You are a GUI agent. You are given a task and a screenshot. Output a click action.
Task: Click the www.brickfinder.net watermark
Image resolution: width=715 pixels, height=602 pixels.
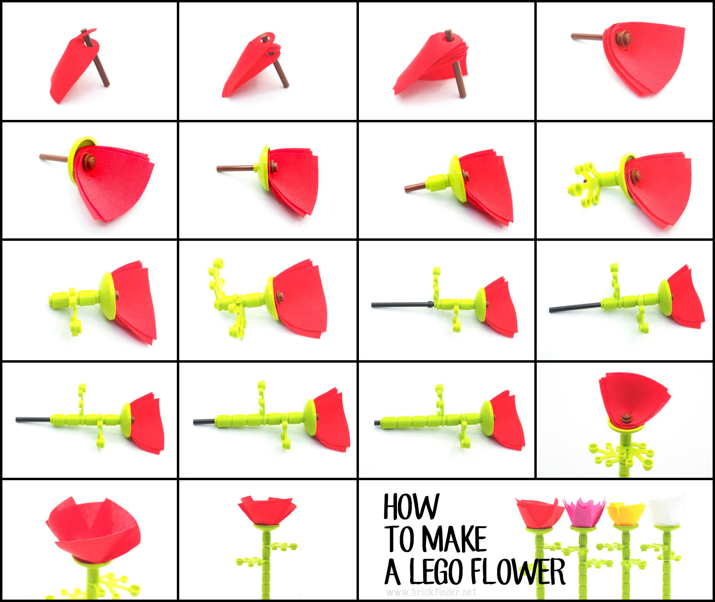(x=431, y=592)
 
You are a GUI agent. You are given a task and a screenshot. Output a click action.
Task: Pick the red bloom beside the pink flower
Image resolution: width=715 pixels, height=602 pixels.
(x=540, y=512)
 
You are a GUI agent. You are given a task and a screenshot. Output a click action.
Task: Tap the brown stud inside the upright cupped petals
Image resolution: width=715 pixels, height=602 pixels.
(x=626, y=417)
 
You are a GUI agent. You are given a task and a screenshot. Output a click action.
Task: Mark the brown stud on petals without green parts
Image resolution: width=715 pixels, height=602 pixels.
(x=623, y=38)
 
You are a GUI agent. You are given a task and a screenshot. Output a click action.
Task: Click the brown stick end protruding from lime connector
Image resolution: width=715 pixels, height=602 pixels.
(x=413, y=188)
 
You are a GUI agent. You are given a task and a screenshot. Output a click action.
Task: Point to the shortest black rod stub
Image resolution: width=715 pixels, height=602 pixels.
(x=377, y=423)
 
